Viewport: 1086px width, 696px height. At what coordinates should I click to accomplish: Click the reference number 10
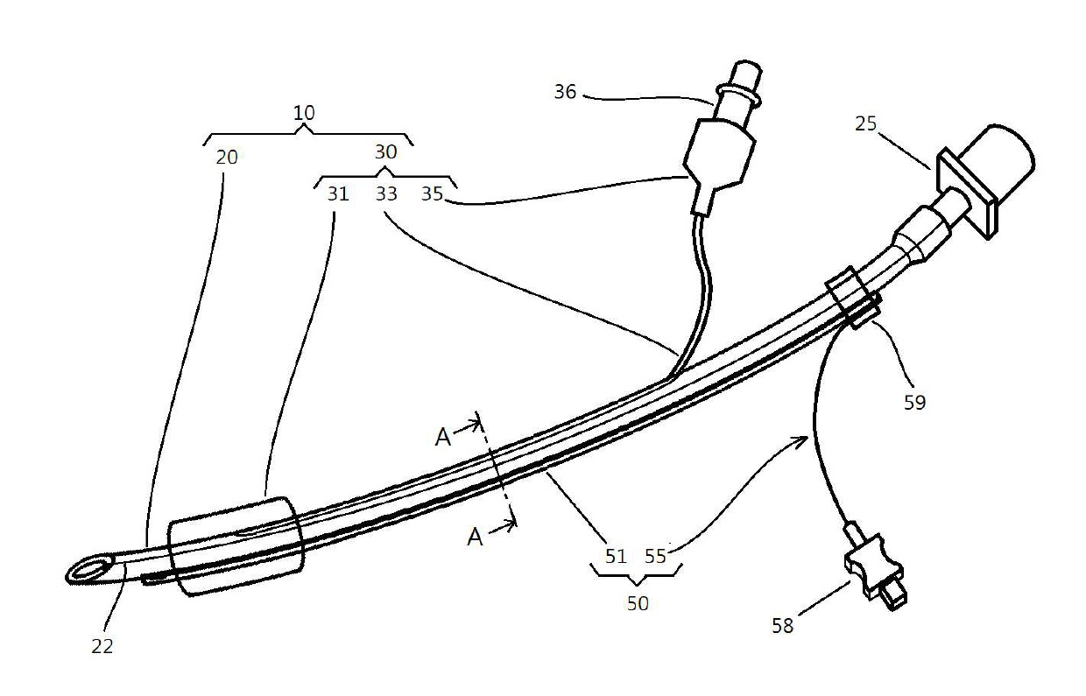(304, 113)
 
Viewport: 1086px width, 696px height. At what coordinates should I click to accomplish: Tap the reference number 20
(226, 158)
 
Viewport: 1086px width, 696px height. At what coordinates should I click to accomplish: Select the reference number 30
(385, 151)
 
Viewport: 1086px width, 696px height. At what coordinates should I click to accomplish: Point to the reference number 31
(338, 193)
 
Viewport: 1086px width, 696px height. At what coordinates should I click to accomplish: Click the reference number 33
(386, 193)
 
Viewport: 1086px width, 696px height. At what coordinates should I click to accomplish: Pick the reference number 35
(432, 193)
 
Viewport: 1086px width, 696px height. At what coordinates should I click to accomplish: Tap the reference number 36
(565, 91)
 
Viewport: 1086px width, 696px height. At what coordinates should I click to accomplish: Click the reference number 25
(865, 123)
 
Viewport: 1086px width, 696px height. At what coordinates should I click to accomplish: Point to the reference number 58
(782, 625)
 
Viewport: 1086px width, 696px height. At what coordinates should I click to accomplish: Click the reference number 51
(616, 556)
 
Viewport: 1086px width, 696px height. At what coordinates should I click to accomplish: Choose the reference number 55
(657, 556)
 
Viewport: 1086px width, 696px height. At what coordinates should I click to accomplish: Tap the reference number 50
(638, 603)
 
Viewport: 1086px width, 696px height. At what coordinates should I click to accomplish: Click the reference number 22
(102, 647)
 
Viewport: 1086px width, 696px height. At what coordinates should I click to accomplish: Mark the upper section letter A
(443, 437)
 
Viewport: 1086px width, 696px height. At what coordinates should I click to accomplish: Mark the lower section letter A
(475, 537)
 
